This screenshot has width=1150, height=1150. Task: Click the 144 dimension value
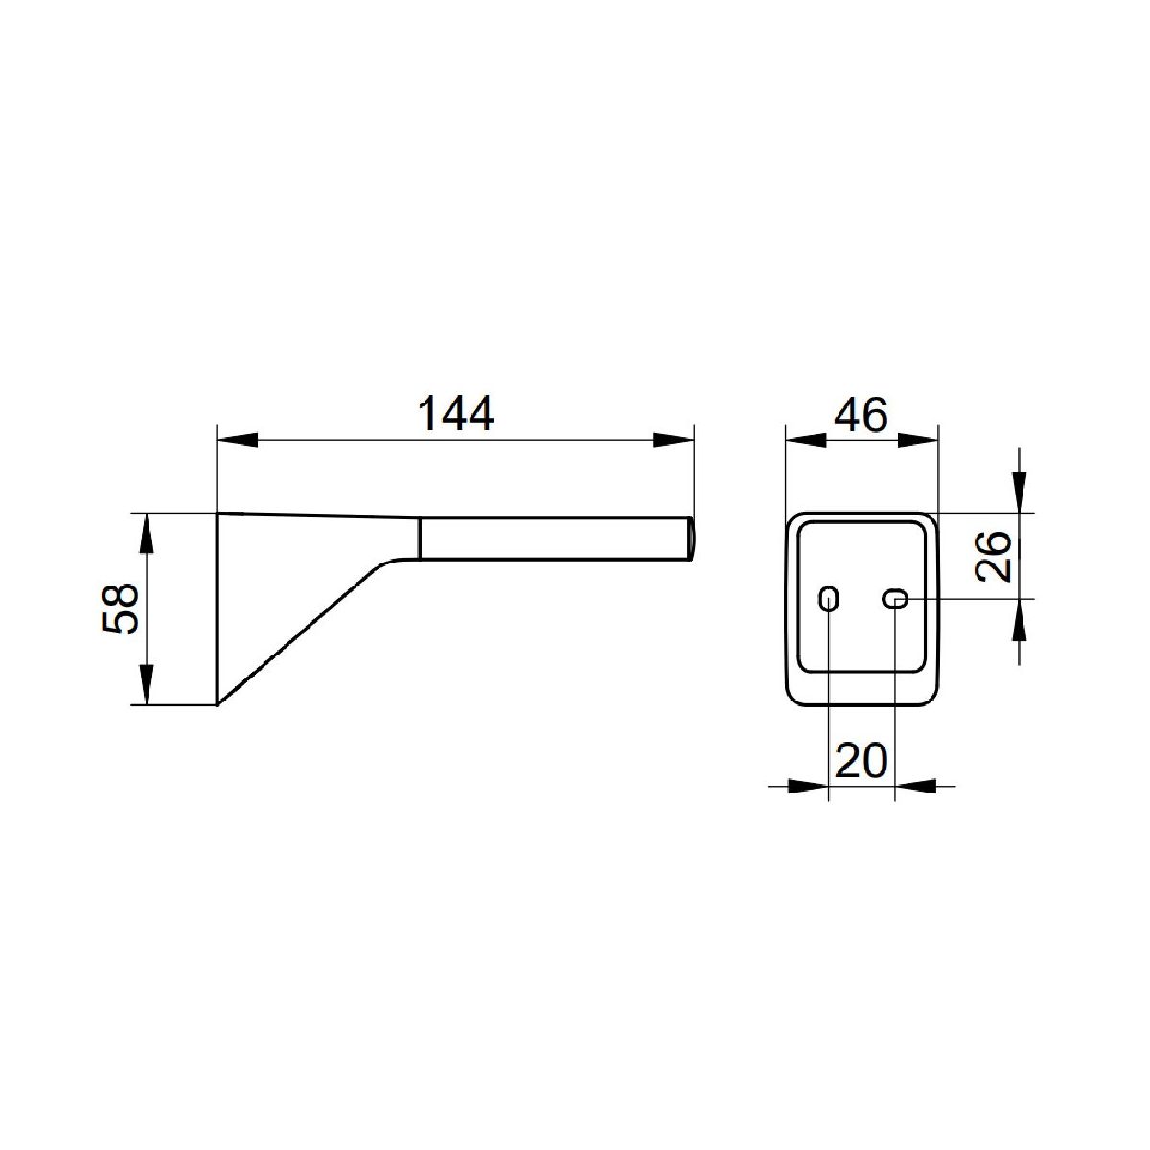[x=456, y=413]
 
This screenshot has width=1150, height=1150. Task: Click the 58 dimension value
[x=121, y=609]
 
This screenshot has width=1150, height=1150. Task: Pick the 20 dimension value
[x=862, y=760]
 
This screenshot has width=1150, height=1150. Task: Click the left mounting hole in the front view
[x=828, y=598]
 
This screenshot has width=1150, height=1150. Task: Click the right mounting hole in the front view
[x=894, y=598]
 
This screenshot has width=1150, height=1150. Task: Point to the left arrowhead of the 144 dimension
[x=238, y=440]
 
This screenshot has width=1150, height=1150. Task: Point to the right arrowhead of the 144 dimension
[x=673, y=440]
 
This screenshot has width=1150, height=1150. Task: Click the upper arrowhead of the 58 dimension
[x=148, y=534]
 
